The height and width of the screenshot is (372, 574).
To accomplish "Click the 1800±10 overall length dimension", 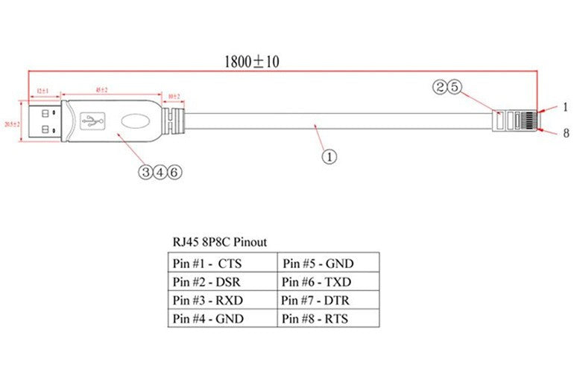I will coord(252,62).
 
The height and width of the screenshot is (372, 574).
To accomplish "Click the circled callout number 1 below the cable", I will coord(329,156).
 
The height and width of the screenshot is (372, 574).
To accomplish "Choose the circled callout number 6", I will coord(174,172).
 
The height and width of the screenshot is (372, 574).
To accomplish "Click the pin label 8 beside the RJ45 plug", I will coord(566,134).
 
